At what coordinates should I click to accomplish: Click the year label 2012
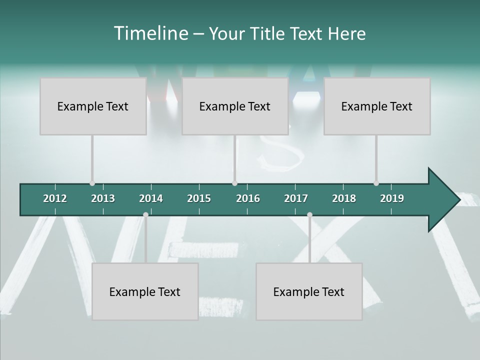tap(55, 198)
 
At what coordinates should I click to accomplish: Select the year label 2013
tap(103, 198)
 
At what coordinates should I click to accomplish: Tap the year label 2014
tap(151, 198)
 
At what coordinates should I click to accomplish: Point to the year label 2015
tap(199, 198)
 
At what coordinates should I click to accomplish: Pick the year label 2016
tap(248, 198)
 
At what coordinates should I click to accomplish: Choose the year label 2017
tap(296, 198)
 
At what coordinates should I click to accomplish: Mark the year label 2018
tap(344, 198)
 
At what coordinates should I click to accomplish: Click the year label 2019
tap(392, 198)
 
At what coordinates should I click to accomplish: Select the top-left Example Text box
tap(93, 106)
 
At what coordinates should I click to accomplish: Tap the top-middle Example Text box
tap(235, 106)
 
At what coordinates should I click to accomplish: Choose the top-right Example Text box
tap(377, 106)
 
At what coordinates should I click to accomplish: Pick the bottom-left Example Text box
tap(145, 292)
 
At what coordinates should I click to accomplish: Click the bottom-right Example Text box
tap(309, 292)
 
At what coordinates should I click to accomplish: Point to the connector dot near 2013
tap(92, 183)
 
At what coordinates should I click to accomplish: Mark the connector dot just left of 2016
tap(235, 183)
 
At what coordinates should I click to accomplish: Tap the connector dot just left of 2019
tap(376, 183)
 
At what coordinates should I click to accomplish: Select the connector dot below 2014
tap(145, 214)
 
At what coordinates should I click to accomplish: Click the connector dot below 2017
tap(309, 214)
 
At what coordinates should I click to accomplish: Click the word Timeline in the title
tap(150, 33)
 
